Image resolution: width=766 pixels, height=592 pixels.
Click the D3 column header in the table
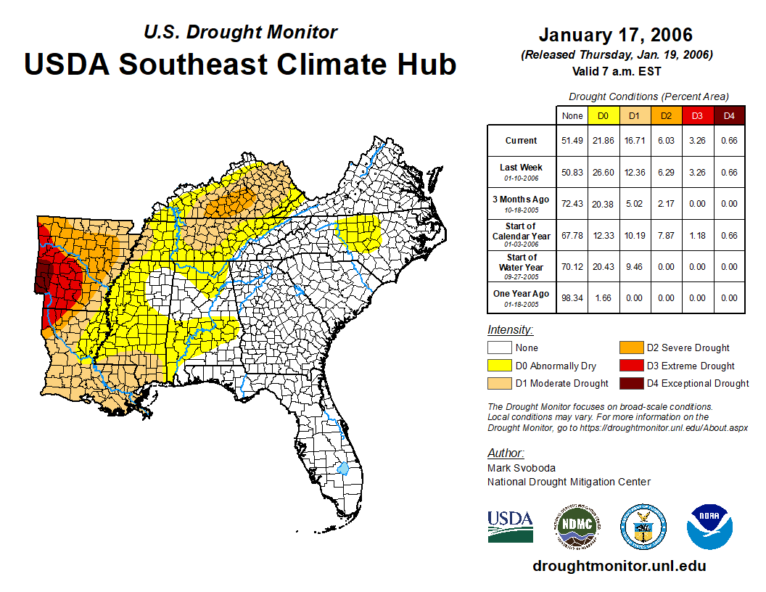point(698,115)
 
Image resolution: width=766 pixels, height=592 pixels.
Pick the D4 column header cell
point(729,115)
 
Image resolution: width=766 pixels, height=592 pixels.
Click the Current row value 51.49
point(572,141)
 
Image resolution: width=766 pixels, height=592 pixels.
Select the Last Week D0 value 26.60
point(604,172)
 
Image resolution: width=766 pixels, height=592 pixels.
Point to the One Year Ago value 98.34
point(572,297)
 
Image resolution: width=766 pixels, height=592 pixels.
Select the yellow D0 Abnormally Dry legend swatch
point(500,366)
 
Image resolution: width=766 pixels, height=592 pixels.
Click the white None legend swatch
point(500,348)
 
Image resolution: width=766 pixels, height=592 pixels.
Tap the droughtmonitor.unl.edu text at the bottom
point(619,566)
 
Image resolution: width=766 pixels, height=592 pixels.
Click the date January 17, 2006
point(616,35)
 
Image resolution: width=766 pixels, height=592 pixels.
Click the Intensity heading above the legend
point(510,330)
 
